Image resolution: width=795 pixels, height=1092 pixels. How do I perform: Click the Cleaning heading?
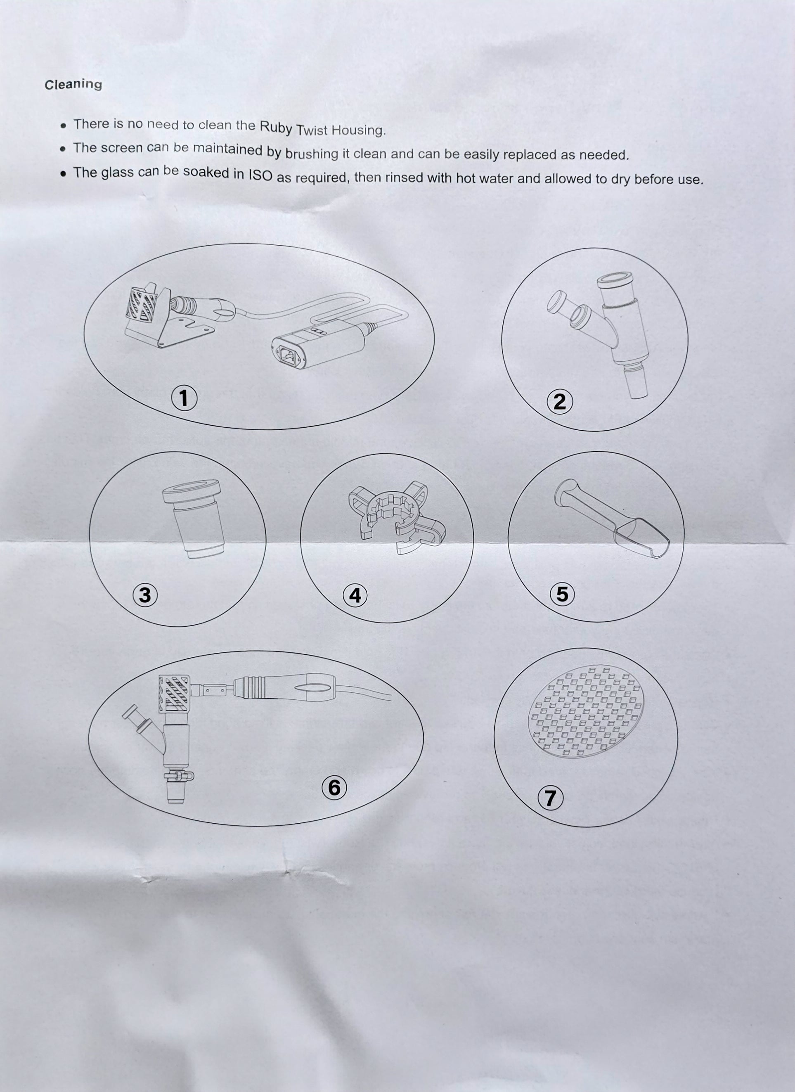[73, 84]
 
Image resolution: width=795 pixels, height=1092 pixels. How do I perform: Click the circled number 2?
[560, 402]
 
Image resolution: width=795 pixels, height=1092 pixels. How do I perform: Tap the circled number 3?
[145, 596]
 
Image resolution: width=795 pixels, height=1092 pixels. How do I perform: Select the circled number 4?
[355, 596]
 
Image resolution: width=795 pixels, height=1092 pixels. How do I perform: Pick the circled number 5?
[562, 594]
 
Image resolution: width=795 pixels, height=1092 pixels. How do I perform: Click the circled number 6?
[334, 788]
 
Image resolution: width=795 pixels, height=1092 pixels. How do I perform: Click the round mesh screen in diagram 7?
[586, 711]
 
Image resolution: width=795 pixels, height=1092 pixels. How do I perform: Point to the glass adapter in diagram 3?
[194, 519]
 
